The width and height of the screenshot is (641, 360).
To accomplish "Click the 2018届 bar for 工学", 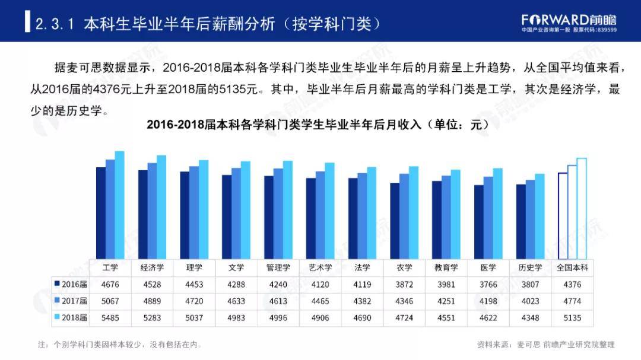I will click(119, 205).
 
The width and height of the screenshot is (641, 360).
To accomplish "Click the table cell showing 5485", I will click(110, 318).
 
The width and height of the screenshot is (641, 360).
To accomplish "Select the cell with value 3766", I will click(488, 284).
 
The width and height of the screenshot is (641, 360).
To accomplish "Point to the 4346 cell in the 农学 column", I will click(404, 301).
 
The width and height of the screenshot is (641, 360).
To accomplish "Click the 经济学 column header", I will click(153, 267).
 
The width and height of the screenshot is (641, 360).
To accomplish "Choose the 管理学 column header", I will click(278, 267).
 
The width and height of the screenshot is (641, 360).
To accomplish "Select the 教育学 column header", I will click(446, 267).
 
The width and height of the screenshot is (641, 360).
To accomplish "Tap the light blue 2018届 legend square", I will click(57, 318).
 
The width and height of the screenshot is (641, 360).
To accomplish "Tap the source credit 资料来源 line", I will click(545, 344).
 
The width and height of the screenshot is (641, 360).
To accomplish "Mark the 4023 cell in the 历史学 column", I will click(530, 301).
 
